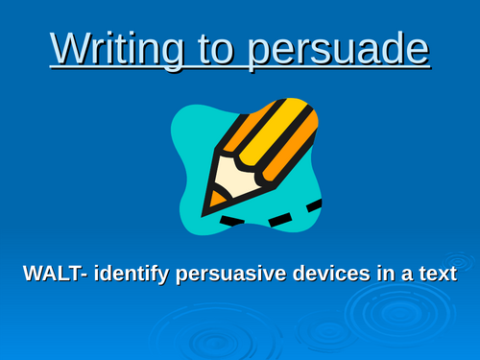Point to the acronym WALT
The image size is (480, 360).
point(52,273)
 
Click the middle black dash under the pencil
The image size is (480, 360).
point(279,221)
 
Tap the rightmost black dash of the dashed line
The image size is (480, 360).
point(313,205)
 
